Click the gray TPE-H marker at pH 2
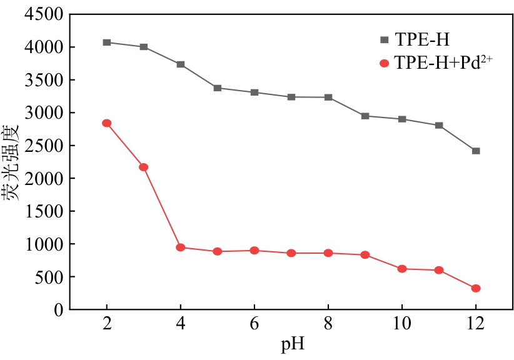click(107, 42)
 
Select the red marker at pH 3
click(144, 167)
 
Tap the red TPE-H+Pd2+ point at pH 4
click(181, 247)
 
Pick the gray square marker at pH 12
click(476, 151)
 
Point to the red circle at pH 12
click(476, 288)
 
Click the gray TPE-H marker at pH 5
click(218, 88)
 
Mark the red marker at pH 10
click(402, 269)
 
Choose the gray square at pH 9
click(365, 116)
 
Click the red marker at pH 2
click(107, 123)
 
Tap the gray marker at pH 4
click(181, 64)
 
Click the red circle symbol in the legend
click(384, 63)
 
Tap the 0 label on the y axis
click(58, 310)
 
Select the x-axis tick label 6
click(254, 326)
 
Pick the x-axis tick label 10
click(402, 326)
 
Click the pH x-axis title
click(291, 344)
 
